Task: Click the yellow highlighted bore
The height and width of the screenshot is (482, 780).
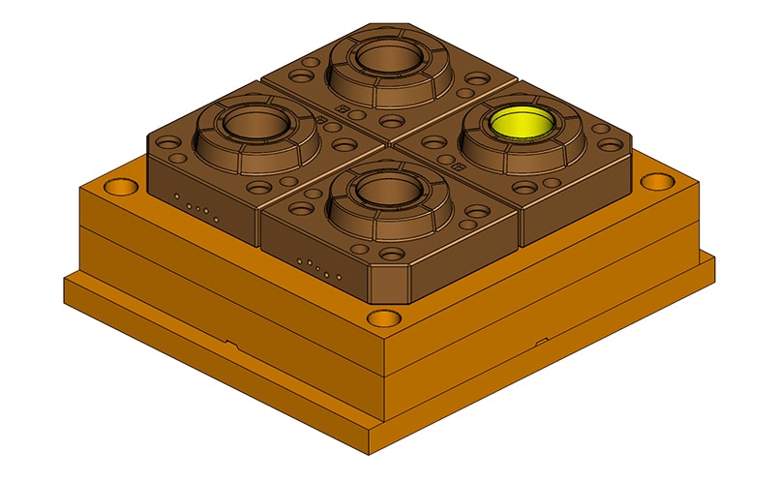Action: click(520, 124)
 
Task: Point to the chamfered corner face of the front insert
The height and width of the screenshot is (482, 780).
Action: click(390, 283)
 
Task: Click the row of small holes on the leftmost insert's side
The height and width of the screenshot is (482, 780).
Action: click(197, 206)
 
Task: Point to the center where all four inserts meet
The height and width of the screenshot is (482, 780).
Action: click(387, 142)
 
